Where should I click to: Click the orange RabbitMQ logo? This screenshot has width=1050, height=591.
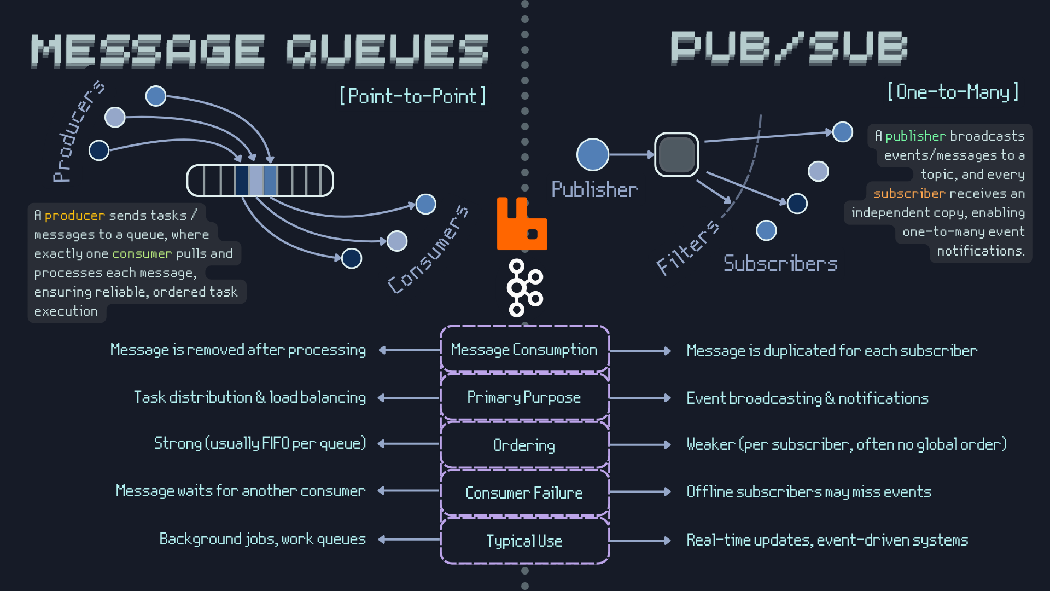(x=522, y=224)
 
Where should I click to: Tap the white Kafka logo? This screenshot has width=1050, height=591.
(x=523, y=288)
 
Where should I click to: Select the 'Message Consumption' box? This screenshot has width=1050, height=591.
(x=524, y=350)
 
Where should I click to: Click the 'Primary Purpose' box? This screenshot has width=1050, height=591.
(x=524, y=397)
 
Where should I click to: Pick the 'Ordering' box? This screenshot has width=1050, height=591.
(x=524, y=445)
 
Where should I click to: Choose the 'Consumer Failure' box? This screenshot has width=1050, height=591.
(x=524, y=493)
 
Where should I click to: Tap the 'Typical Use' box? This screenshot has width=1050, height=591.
(x=524, y=541)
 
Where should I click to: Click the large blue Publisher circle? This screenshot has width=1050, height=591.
(x=593, y=155)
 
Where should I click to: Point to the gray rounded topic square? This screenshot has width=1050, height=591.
(x=676, y=155)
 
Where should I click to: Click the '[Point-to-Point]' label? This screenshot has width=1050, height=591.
(x=413, y=96)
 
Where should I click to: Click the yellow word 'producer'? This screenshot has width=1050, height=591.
(x=74, y=216)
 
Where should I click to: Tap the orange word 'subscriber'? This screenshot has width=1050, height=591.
(x=909, y=194)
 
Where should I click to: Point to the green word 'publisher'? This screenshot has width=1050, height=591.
(x=915, y=136)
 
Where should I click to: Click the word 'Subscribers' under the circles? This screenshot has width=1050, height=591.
(x=780, y=264)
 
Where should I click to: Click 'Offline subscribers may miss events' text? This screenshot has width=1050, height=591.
(x=809, y=492)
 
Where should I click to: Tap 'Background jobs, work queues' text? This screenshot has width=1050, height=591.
(x=262, y=540)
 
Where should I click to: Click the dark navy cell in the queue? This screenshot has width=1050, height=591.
(x=242, y=181)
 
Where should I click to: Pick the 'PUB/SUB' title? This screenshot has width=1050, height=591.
(x=789, y=48)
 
